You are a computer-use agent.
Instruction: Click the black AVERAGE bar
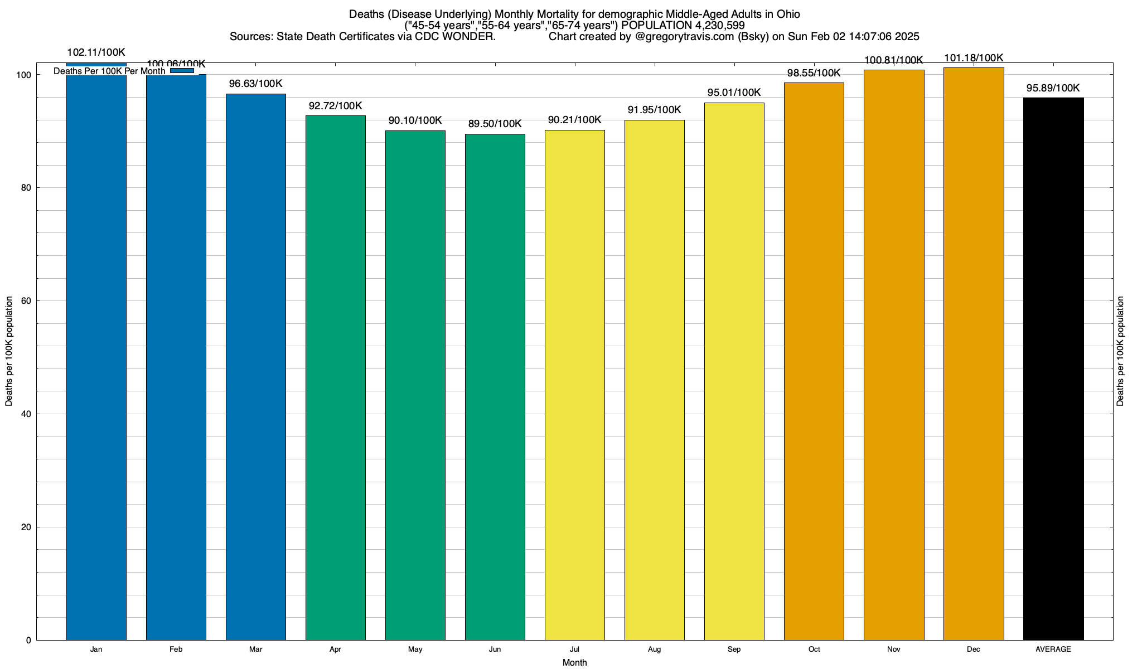[x=1053, y=368]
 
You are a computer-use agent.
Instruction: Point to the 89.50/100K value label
[x=495, y=124]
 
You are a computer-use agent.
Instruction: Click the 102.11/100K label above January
[x=96, y=53]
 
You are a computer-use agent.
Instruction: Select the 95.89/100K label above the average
[x=1053, y=88]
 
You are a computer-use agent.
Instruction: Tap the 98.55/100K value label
[x=814, y=73]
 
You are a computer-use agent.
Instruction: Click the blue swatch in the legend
[x=182, y=71]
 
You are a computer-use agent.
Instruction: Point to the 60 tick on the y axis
[x=26, y=301]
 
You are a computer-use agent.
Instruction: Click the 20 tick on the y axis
[x=26, y=527]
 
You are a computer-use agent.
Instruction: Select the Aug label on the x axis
[x=654, y=649]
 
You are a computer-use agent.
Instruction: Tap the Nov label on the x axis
[x=893, y=649]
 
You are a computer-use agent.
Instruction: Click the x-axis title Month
[x=574, y=662]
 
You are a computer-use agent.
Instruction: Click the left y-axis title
[x=9, y=351]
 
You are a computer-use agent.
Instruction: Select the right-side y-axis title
[x=1120, y=351]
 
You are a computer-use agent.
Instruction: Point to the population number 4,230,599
[x=720, y=26]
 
